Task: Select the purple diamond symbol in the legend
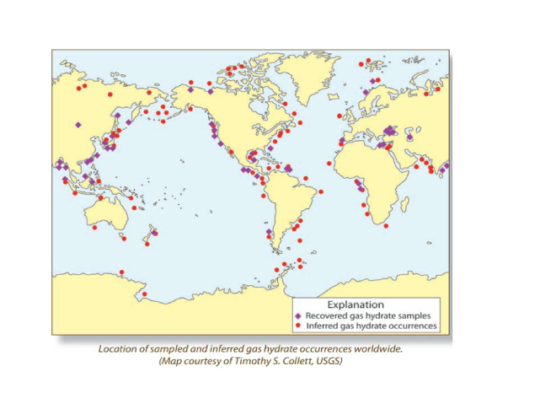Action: point(298,315)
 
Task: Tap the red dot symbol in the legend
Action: point(298,325)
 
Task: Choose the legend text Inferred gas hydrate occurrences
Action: point(371,325)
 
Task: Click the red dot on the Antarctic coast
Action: point(145,295)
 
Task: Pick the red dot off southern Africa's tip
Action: point(385,225)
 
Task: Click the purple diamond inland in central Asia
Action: point(78,125)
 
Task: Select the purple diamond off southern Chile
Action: point(269,232)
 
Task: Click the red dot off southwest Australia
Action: point(94,227)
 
